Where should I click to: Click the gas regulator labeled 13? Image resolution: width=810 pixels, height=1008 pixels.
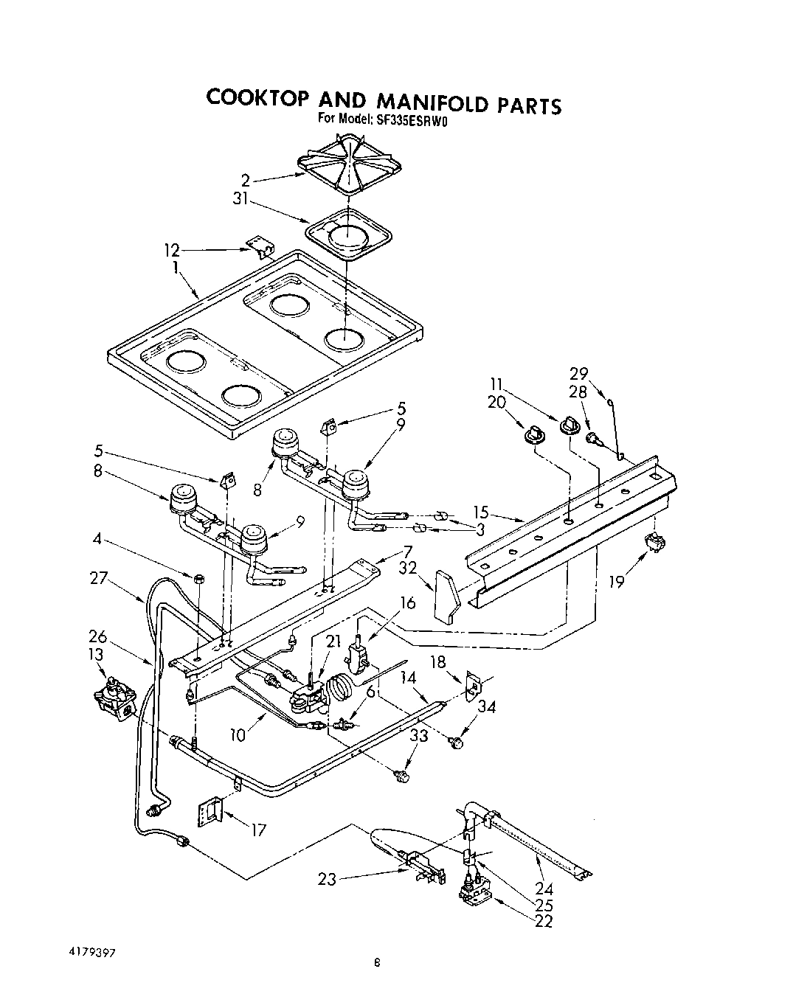click(x=112, y=700)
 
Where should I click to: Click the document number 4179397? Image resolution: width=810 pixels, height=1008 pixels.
click(x=91, y=952)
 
